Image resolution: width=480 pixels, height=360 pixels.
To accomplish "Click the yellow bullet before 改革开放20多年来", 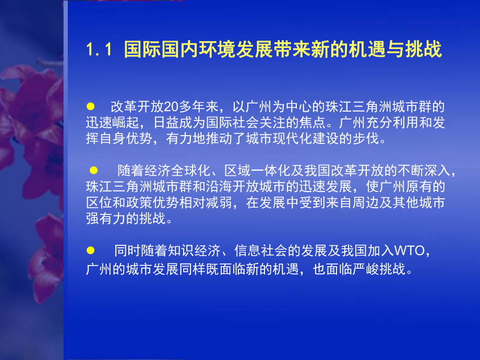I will click(90, 106).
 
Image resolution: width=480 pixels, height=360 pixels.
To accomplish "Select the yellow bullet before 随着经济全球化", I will click(94, 170).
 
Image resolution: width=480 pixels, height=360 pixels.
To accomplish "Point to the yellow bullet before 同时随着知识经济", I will click(90, 250).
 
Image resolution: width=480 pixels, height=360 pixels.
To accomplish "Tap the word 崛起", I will click(123, 124).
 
